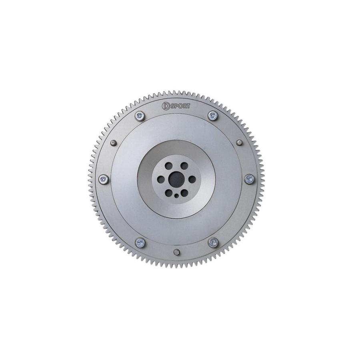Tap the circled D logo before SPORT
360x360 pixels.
point(166,106)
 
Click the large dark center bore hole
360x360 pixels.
point(176,180)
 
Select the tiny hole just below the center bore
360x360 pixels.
point(176,196)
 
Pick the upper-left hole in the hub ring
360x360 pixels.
point(168,166)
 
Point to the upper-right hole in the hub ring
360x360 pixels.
point(184,166)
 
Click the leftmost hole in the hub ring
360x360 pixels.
point(160,180)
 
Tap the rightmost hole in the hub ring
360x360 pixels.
point(192,180)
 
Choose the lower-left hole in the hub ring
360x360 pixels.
point(168,193)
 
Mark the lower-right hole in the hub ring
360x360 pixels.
point(184,193)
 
